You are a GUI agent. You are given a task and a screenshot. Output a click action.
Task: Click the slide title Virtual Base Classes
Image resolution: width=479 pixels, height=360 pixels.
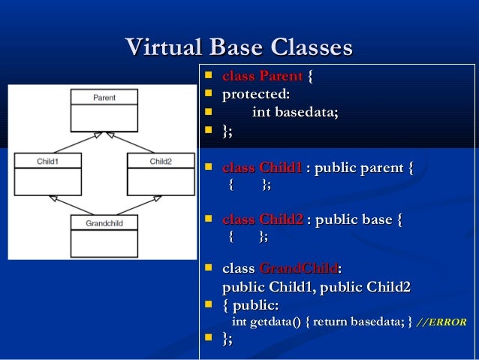point(239,48)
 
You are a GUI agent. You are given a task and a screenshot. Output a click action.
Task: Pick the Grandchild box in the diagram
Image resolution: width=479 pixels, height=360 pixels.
point(104,236)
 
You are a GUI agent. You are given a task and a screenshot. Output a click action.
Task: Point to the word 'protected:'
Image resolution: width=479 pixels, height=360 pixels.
point(256,95)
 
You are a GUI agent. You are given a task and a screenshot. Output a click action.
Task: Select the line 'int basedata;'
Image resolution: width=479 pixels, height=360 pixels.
point(294,113)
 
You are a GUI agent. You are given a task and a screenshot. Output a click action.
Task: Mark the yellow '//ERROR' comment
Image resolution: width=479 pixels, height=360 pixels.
point(441,322)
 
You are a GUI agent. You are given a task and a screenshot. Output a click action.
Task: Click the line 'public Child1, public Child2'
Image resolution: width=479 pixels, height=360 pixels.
point(316,287)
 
